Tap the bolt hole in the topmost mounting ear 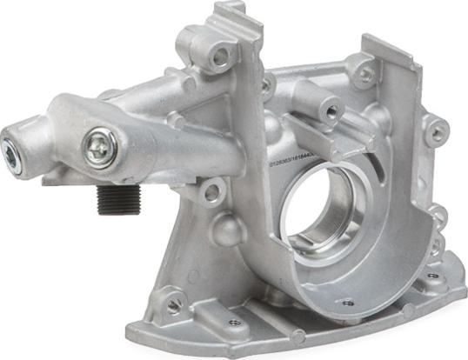click(x=221, y=57)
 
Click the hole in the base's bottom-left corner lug click(x=174, y=304)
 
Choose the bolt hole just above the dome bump click(x=210, y=190)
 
